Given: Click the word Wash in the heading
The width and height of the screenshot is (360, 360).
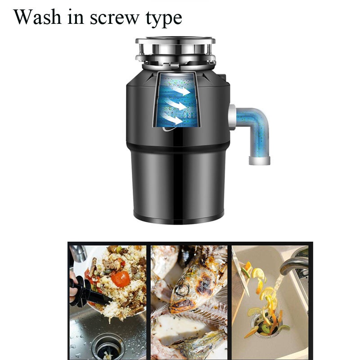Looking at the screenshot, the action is click(37, 17).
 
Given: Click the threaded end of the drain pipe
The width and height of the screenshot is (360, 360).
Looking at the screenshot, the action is click(260, 160).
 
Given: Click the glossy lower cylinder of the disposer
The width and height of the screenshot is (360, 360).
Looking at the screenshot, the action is click(178, 186).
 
